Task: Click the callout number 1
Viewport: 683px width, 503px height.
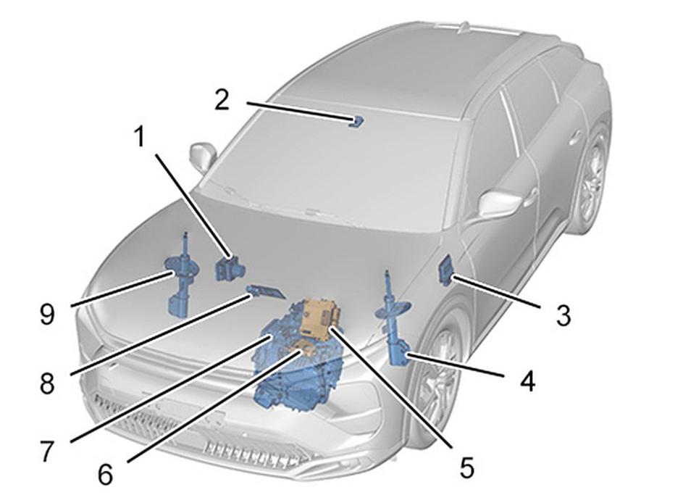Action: coord(139,137)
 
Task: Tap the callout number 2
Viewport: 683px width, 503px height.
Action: coord(222,99)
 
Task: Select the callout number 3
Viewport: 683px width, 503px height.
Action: coord(563,315)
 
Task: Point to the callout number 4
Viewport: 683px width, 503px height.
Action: coord(527,381)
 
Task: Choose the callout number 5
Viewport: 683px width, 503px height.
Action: coord(466,467)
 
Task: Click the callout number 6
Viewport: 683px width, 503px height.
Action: coord(105,474)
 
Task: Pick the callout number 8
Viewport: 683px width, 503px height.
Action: coord(47,383)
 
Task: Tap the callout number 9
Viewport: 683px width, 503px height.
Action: coord(47,315)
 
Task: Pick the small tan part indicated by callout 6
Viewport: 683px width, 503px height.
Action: coord(306,349)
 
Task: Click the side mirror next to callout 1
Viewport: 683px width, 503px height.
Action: coord(203,156)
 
